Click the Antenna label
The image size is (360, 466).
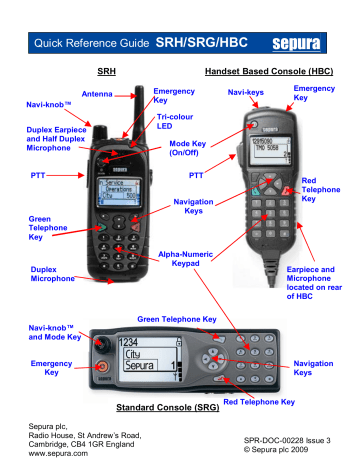(x=97, y=95)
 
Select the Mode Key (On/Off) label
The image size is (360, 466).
(x=201, y=150)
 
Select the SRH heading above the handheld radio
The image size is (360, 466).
(x=106, y=72)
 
